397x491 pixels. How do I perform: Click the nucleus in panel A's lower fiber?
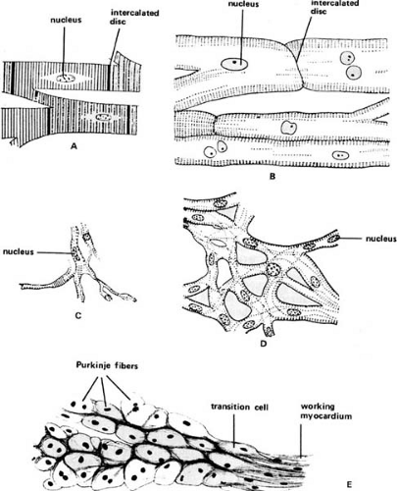101,115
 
